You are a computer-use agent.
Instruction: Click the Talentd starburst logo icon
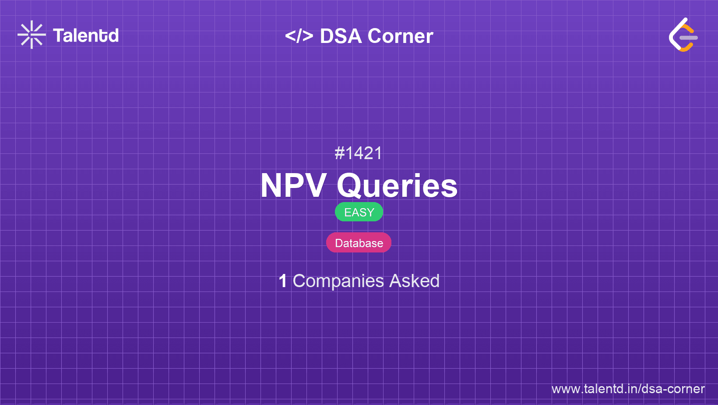coord(32,35)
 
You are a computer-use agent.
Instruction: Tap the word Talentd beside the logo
coord(86,36)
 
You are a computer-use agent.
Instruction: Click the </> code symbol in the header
coord(299,36)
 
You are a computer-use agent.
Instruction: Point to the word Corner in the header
coord(400,36)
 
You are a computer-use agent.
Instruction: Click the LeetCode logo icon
coord(683,35)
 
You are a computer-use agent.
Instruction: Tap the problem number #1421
coord(359,153)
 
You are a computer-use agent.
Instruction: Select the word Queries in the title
coord(397,186)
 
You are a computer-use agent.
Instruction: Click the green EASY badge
coord(359,212)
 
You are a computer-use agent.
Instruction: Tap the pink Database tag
coord(359,243)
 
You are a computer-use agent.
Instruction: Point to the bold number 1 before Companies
coord(283,281)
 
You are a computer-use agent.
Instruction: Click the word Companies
coord(338,281)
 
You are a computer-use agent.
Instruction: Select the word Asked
coord(414,281)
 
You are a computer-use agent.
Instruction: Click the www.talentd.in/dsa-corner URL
coord(628,389)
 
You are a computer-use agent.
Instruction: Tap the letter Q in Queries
coord(351,186)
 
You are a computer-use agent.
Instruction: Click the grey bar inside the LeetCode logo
coord(689,38)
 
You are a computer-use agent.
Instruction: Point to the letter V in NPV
coord(314,185)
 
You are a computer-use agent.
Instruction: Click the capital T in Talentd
coord(59,36)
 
